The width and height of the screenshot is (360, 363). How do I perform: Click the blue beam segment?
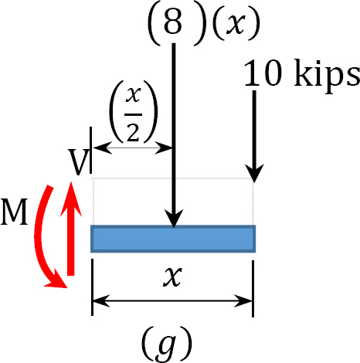click(x=173, y=239)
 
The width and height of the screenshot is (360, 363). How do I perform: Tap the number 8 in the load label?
click(x=173, y=22)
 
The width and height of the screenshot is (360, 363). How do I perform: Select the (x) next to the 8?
click(x=236, y=24)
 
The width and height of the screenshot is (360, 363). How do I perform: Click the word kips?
click(x=327, y=75)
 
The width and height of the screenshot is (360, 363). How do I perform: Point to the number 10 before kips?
click(x=263, y=73)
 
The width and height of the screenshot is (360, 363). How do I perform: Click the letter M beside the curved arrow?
click(x=14, y=212)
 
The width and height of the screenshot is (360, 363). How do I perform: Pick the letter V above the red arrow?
click(x=79, y=161)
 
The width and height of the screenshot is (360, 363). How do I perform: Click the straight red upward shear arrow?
click(x=71, y=229)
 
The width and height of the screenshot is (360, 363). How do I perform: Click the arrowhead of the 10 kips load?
click(x=254, y=173)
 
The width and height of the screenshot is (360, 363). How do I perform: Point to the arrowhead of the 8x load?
click(x=174, y=219)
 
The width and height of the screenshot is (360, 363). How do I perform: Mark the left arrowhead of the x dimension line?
click(x=101, y=300)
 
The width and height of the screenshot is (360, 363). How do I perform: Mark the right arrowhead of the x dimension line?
click(x=243, y=300)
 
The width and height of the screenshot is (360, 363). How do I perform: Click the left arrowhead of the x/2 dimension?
click(x=103, y=148)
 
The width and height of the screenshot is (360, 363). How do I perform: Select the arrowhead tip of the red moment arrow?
click(x=66, y=287)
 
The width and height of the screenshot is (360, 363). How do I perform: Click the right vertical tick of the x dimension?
click(x=253, y=289)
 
